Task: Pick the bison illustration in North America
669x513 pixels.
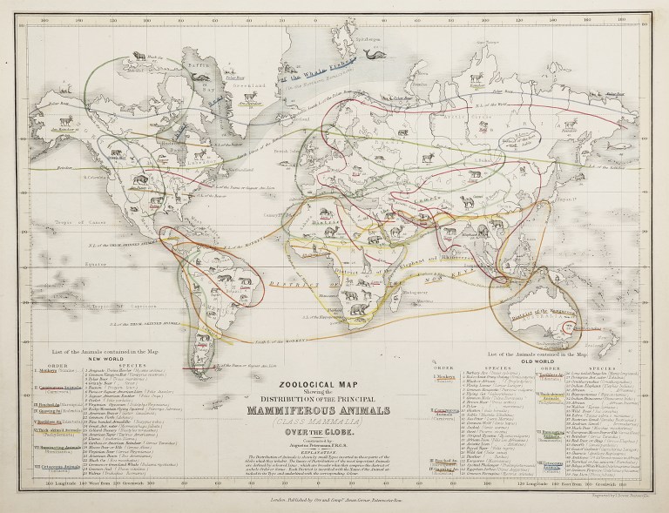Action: pos(137,181)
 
